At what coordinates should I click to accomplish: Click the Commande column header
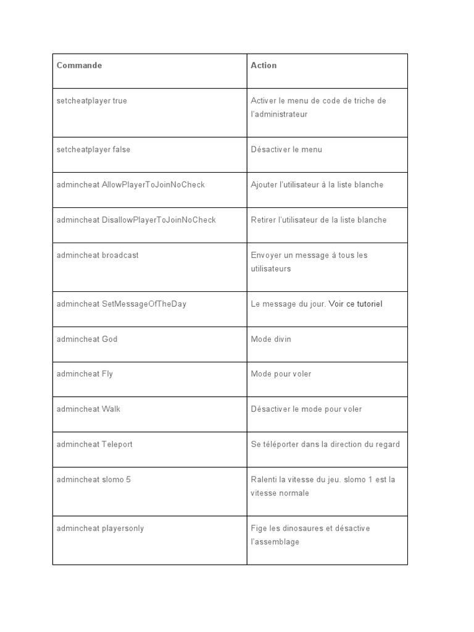79,65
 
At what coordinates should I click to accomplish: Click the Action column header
264,65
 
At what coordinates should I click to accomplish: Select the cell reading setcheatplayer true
91,101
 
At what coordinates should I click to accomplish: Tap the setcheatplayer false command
93,149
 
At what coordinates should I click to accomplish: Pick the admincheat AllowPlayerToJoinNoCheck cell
130,185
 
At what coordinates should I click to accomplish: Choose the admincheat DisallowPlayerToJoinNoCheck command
136,220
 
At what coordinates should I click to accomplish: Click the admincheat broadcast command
98,255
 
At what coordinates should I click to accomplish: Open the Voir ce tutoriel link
355,304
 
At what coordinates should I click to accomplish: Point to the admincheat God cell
86,339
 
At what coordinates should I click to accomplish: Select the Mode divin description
271,339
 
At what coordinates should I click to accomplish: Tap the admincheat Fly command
85,374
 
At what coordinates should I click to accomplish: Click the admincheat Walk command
88,409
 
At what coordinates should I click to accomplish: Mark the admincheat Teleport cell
94,444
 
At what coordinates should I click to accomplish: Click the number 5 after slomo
128,480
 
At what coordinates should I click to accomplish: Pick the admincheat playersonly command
100,528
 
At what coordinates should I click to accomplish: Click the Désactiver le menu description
286,149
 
